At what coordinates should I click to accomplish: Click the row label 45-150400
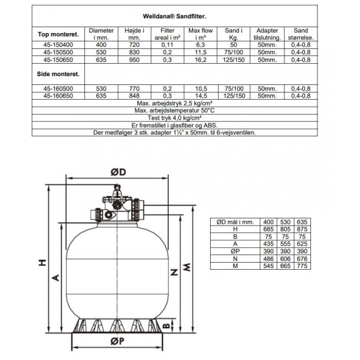coord(59,43)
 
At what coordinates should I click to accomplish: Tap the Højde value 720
coord(132,43)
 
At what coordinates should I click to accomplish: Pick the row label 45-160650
coord(59,95)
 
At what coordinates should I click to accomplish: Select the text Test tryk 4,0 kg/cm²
coord(181,117)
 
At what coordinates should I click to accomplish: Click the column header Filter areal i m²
coord(164,33)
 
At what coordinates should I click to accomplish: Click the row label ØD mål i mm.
coord(234,221)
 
